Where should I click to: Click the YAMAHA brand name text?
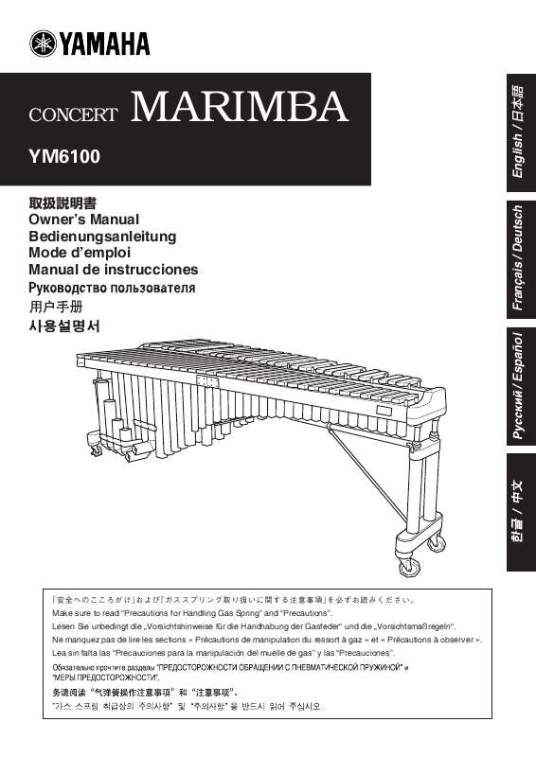click(x=105, y=44)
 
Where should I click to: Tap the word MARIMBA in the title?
click(x=240, y=107)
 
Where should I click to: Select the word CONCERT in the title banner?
click(x=74, y=115)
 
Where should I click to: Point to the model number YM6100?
click(x=64, y=152)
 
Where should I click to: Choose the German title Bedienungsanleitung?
click(x=102, y=236)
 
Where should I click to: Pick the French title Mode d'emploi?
click(x=79, y=253)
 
